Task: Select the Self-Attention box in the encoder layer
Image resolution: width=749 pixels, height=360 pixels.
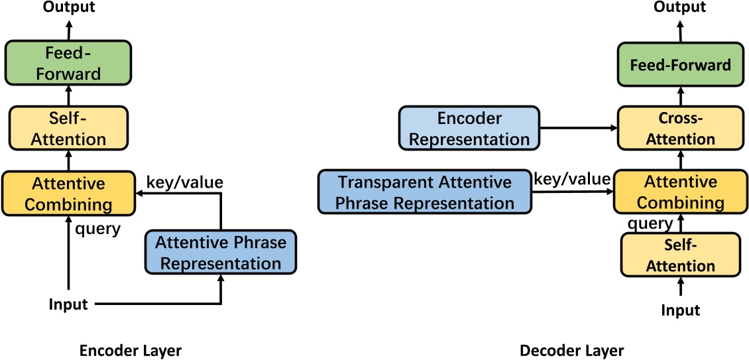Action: [x=68, y=129]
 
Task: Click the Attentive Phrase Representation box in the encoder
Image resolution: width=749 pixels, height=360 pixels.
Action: [x=221, y=253]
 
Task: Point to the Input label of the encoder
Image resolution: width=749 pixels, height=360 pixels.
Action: [x=68, y=304]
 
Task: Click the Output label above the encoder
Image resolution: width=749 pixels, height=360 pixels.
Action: [x=68, y=7]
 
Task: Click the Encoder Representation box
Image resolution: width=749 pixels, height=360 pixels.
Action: [x=469, y=129]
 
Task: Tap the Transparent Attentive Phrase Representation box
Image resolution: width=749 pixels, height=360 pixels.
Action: [x=425, y=192]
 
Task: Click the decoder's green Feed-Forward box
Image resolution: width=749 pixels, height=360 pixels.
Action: [x=681, y=65]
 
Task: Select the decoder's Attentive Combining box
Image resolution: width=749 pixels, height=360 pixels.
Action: [x=681, y=192]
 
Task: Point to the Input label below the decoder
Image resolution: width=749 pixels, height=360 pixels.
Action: [x=680, y=310]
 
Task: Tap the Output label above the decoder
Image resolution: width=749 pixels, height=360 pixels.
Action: [x=680, y=7]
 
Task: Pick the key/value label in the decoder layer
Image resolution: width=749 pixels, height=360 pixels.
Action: [x=572, y=179]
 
